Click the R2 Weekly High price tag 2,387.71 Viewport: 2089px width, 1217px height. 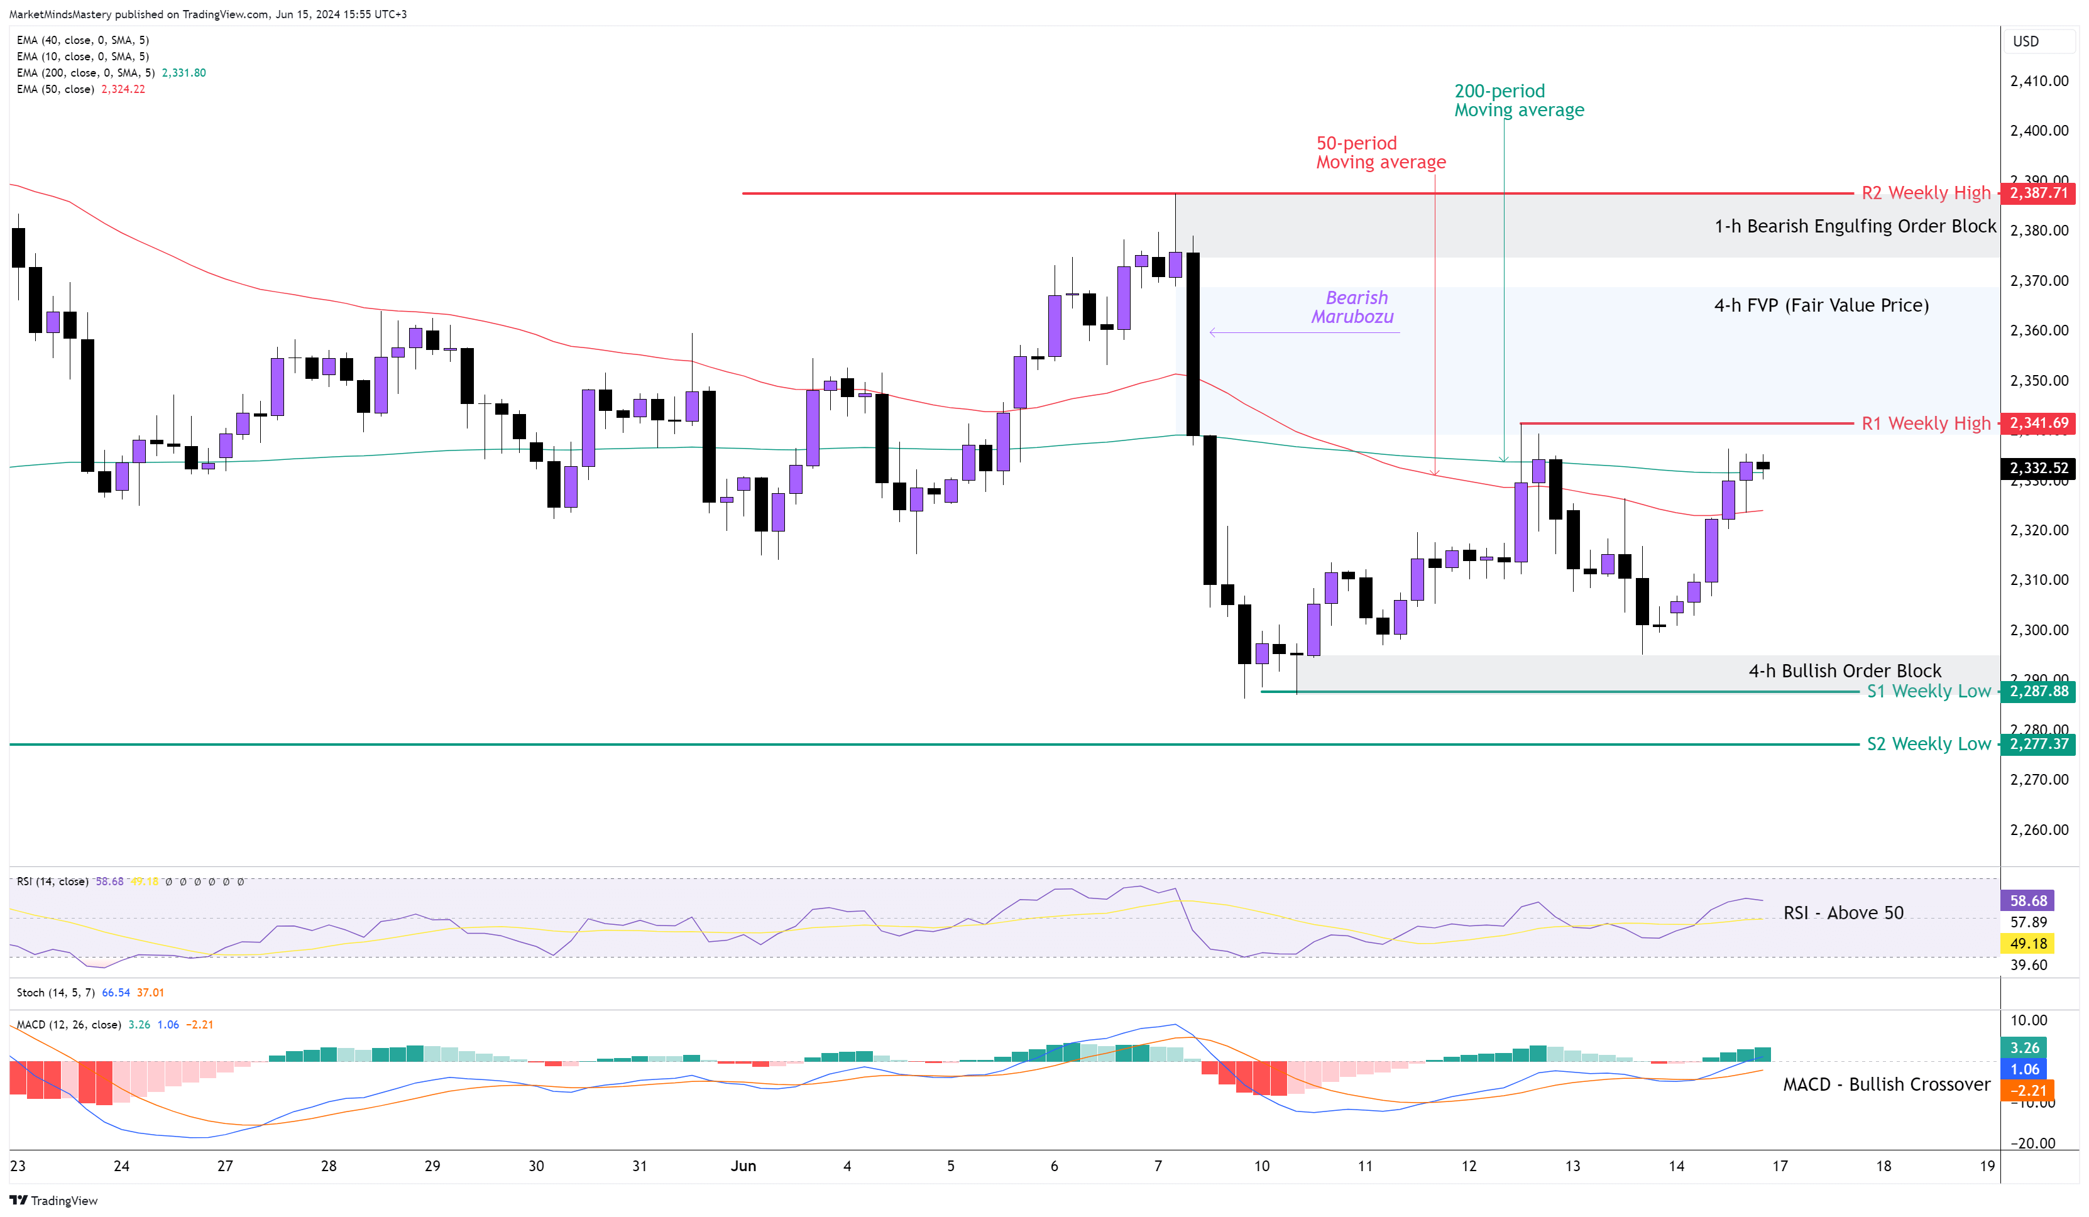[2039, 193]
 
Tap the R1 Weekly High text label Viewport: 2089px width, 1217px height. [1925, 423]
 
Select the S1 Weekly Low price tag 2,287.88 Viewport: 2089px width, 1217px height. [2039, 691]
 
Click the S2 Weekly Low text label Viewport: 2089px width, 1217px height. [1927, 745]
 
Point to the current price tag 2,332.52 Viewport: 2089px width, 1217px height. [2039, 469]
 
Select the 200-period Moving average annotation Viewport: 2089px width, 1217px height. [1518, 101]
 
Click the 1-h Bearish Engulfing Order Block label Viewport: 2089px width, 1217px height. [1855, 226]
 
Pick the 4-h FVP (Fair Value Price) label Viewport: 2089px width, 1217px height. [1821, 306]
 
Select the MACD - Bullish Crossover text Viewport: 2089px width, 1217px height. [1886, 1084]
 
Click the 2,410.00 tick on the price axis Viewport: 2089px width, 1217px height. [2039, 81]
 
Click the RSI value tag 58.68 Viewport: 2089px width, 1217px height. [2027, 901]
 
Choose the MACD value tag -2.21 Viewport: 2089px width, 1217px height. [2027, 1091]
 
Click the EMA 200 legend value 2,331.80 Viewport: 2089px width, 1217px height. [184, 73]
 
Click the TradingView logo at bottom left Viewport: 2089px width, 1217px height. [54, 1201]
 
